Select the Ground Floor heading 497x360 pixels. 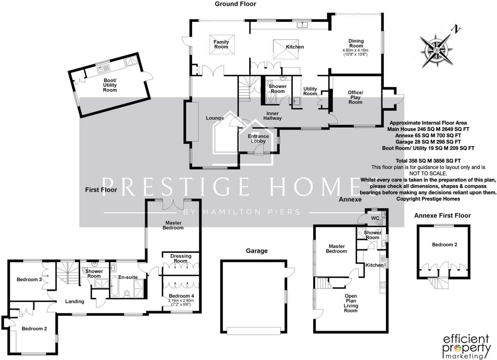coord(235,4)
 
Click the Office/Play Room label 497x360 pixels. coord(355,97)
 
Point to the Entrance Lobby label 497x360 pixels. coord(258,138)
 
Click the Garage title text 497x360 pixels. coord(257,251)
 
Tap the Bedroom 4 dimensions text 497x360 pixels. coord(181,302)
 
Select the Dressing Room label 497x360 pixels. coord(181,258)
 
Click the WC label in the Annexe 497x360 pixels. coord(375,218)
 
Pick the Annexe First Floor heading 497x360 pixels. coord(442,216)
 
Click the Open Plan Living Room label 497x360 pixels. coord(351,303)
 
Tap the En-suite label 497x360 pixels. coord(128,277)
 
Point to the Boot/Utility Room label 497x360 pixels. coord(110,85)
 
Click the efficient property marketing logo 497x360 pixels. coord(467,347)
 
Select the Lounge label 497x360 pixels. coord(215,118)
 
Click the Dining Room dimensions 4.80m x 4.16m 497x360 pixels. coord(356,52)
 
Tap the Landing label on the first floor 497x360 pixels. coord(75,301)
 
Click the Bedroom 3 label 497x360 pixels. coord(29,279)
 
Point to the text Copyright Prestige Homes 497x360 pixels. coord(428,199)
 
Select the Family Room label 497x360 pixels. coord(221,44)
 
